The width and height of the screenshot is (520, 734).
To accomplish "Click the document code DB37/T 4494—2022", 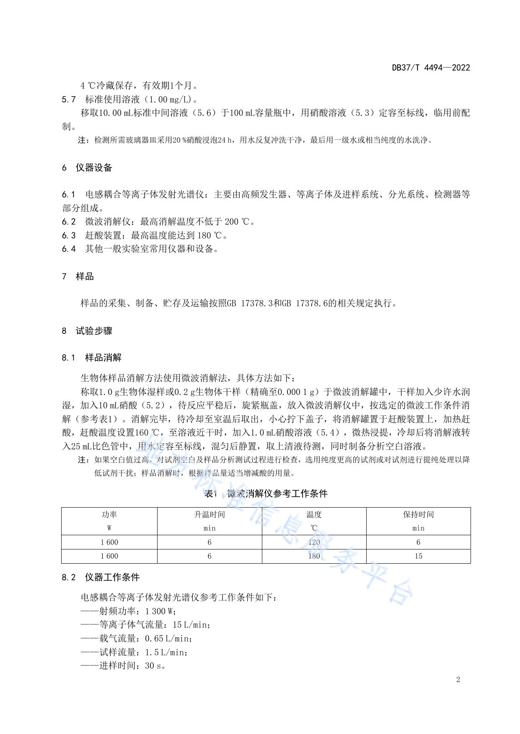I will coord(431,67).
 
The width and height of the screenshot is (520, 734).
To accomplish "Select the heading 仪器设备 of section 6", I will coord(94,168).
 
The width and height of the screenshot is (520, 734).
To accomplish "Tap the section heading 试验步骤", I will coord(94,331).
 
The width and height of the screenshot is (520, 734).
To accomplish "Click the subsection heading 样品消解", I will coord(103,358).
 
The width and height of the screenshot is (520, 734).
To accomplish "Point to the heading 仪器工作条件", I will coord(112,577).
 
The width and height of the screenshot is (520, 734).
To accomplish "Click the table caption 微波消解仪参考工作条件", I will coord(277,494).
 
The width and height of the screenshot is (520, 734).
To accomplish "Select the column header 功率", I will coord(109,515).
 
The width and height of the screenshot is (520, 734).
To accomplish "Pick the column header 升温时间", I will coord(210,515).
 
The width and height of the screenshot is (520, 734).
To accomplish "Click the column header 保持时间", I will coord(418,515).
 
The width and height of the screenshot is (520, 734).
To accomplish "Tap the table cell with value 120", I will coord(314,542).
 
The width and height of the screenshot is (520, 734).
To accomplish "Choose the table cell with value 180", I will coord(314,556).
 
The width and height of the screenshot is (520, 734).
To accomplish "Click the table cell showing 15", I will coord(418,556).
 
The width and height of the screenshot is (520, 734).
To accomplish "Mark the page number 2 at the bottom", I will coord(458,680).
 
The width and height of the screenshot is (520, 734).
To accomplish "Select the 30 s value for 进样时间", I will coord(155,666).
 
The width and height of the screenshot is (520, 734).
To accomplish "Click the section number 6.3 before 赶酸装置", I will coord(69,235).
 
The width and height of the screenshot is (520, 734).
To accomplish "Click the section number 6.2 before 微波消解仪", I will coord(69,222).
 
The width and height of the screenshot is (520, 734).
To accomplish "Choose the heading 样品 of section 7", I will coord(85,277).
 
